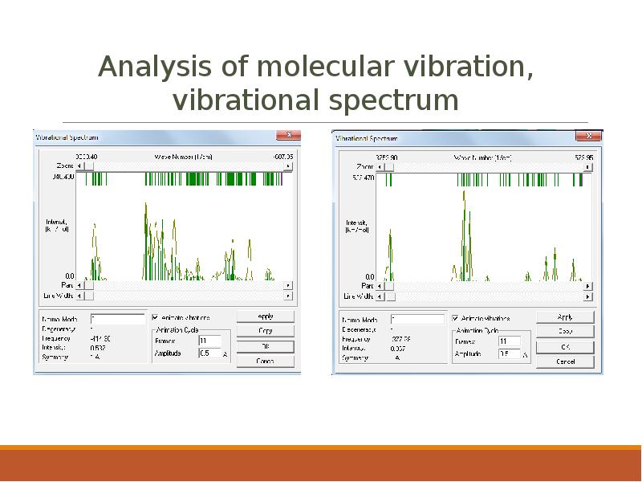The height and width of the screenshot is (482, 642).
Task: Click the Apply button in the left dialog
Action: coord(266,317)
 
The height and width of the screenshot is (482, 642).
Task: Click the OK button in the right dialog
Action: coord(565,347)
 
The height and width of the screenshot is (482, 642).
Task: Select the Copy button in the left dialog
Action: coord(266,331)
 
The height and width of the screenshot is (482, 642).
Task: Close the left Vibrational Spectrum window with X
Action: coord(288,136)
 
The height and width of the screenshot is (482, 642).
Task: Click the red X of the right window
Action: coord(589,137)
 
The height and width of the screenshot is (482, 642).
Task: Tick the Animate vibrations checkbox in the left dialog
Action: coord(156,317)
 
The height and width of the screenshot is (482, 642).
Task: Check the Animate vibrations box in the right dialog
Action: coord(456,318)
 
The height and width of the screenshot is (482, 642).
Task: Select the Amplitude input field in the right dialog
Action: coord(509,353)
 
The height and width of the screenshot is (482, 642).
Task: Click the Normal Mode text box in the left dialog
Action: coord(117,319)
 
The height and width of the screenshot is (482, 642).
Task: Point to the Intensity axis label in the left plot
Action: coord(56,225)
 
